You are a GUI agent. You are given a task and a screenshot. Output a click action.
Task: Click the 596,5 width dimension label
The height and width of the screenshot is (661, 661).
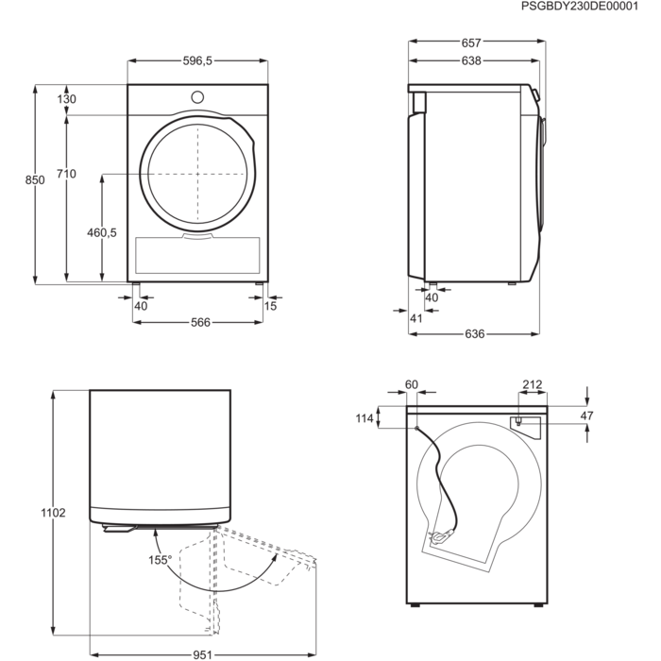pyautogui.click(x=198, y=60)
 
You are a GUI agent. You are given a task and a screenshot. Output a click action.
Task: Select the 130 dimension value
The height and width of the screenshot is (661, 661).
pyautogui.click(x=66, y=99)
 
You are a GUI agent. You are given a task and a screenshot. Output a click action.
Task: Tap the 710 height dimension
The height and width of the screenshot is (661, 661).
pyautogui.click(x=67, y=174)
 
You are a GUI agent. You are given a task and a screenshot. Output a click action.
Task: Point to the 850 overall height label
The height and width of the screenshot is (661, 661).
pyautogui.click(x=35, y=179)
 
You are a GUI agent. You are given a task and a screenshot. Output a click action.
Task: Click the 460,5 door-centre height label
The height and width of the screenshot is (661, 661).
pyautogui.click(x=102, y=232)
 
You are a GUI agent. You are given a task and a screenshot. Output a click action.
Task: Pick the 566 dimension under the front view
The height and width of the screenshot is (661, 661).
pyautogui.click(x=200, y=322)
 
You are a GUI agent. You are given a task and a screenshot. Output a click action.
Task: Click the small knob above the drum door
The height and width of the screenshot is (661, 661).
pyautogui.click(x=198, y=96)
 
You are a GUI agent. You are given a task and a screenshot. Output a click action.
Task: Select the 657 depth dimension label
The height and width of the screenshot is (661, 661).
pyautogui.click(x=473, y=42)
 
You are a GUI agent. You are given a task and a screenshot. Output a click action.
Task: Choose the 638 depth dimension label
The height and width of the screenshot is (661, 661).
pyautogui.click(x=472, y=61)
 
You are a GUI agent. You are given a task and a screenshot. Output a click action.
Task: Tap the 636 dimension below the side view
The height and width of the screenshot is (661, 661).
pyautogui.click(x=475, y=334)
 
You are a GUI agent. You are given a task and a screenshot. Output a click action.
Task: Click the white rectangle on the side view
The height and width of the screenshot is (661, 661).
pyautogui.click(x=416, y=101)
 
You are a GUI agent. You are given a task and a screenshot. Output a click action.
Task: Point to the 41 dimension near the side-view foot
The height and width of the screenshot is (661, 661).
pyautogui.click(x=415, y=318)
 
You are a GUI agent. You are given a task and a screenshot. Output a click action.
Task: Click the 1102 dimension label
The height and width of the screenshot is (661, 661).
pyautogui.click(x=53, y=513)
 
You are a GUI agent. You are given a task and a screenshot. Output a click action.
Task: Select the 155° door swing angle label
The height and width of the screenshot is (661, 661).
pyautogui.click(x=161, y=560)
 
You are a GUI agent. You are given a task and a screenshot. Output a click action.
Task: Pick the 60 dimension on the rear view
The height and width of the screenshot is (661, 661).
pyautogui.click(x=411, y=384)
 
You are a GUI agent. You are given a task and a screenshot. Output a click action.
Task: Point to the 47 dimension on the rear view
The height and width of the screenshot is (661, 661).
pyautogui.click(x=585, y=415)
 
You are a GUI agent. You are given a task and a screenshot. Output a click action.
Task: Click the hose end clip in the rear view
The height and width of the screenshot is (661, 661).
pyautogui.click(x=440, y=538)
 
